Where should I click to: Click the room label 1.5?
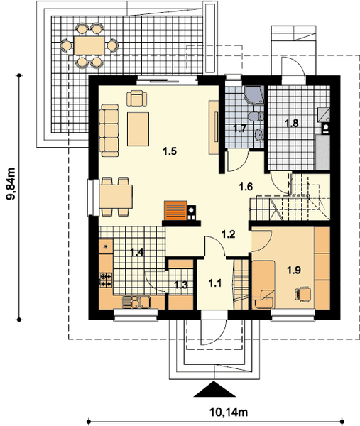[x=170, y=151]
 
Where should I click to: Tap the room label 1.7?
[x=240, y=129]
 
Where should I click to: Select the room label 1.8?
[x=292, y=124]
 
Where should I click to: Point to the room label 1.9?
[x=294, y=270]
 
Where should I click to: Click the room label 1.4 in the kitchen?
[x=136, y=252]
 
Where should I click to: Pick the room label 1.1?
[x=215, y=283]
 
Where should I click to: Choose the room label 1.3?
[x=180, y=285]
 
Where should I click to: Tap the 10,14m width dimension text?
[x=229, y=412]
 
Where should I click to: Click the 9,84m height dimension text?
[x=11, y=184]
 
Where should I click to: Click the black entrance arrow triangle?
[x=214, y=389]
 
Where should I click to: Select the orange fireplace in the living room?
[x=175, y=210]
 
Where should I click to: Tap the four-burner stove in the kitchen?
[x=106, y=280]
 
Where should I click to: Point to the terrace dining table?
[x=89, y=45]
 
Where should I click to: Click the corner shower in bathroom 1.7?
[x=254, y=95]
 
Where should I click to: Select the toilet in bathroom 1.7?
[x=256, y=117]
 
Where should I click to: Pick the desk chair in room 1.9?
[x=303, y=293]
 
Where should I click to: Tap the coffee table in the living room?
[x=138, y=129]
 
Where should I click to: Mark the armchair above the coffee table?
[x=137, y=98]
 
